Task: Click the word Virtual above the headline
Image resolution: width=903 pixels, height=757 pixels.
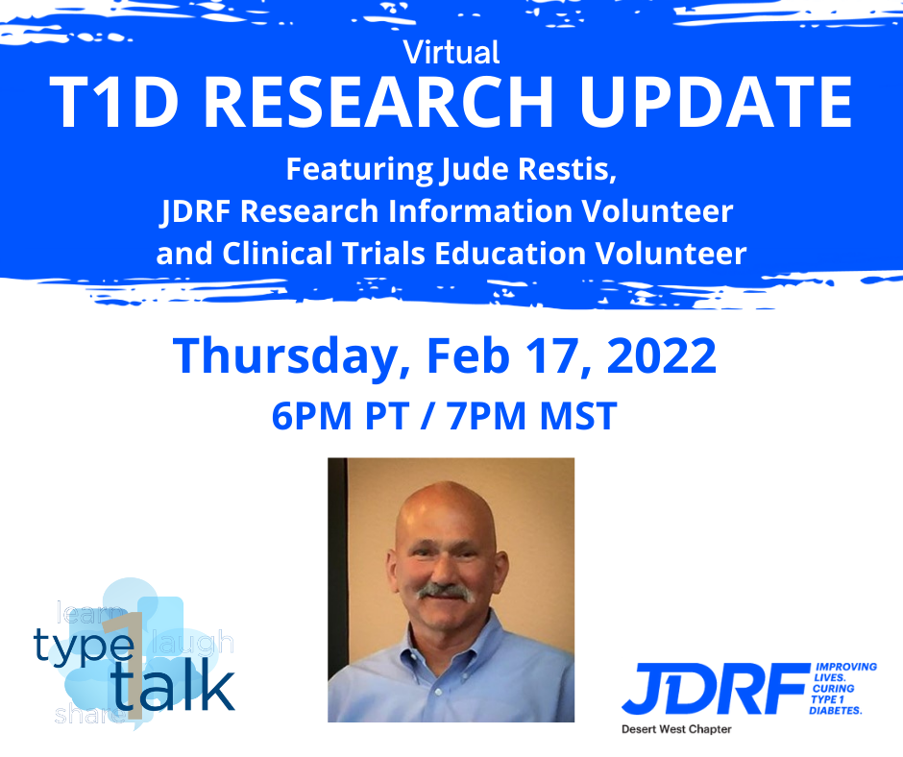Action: click(x=451, y=53)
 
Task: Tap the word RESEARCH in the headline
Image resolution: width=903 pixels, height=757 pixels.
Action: click(x=378, y=102)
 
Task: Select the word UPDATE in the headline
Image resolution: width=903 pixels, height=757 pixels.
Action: click(x=717, y=102)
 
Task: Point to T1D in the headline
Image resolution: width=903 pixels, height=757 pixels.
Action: click(x=114, y=102)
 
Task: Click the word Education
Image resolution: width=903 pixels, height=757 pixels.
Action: click(x=510, y=254)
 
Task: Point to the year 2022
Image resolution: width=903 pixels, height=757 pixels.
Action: click(x=662, y=356)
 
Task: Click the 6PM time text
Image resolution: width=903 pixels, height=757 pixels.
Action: click(x=311, y=416)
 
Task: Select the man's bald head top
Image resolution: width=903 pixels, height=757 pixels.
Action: click(x=447, y=507)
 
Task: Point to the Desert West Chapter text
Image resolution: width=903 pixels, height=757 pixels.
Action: click(x=676, y=729)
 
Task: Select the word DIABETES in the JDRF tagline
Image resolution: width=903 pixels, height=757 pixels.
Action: click(x=836, y=711)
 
